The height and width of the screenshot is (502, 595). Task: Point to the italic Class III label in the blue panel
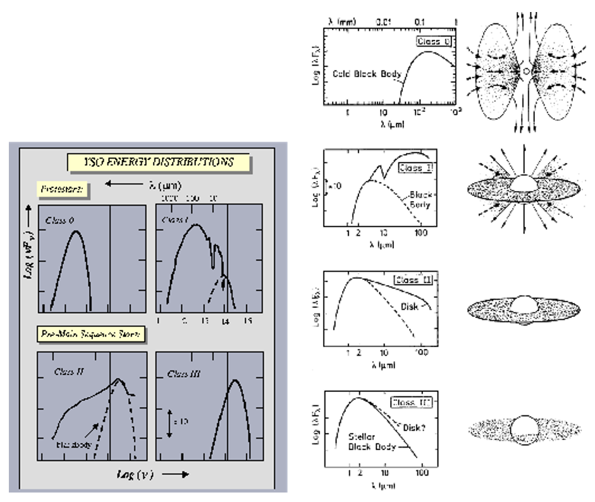click(185, 374)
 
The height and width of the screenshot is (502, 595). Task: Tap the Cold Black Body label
click(367, 74)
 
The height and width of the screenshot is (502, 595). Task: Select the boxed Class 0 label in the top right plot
click(434, 42)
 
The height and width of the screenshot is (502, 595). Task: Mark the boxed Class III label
click(413, 401)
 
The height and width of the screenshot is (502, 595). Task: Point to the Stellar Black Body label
click(372, 441)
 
